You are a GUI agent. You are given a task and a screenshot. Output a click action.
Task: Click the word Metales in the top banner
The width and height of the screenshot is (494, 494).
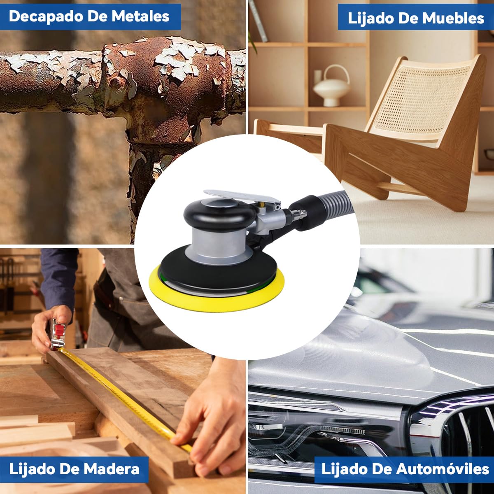click(x=140, y=16)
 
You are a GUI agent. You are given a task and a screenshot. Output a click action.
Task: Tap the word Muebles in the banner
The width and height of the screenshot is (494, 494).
click(x=454, y=19)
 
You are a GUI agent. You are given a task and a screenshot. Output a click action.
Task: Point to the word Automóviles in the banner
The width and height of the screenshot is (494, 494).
click(x=443, y=469)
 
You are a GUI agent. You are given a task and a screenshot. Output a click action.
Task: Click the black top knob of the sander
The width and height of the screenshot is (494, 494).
click(x=219, y=213)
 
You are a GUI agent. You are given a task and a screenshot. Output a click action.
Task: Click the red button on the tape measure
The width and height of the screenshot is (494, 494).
click(x=59, y=330)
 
